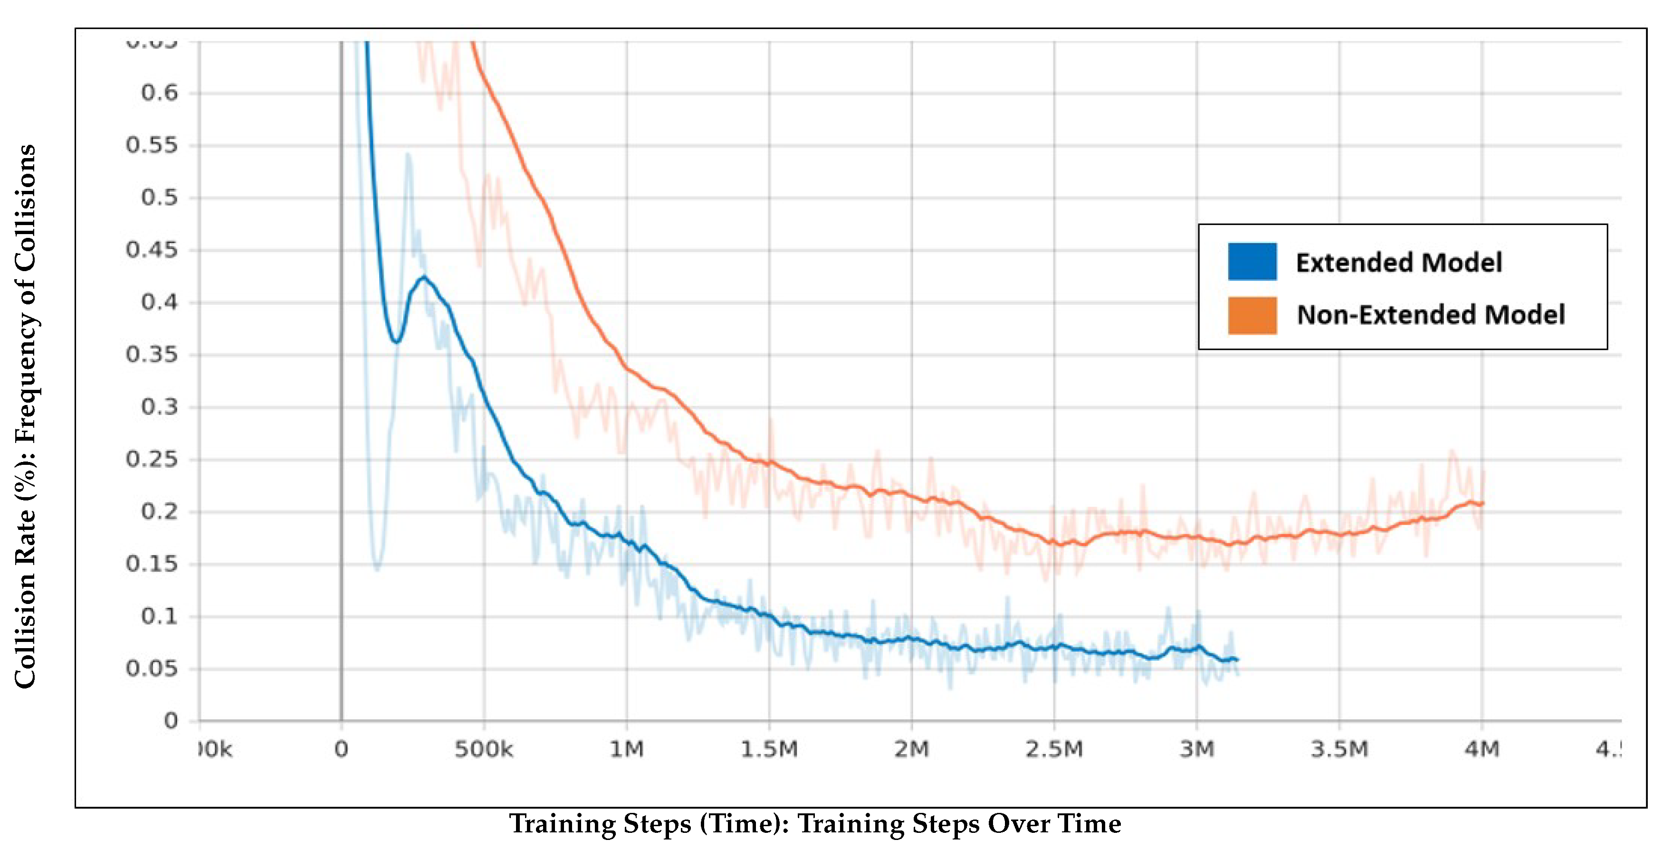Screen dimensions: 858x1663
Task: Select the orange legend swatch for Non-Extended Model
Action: click(1252, 315)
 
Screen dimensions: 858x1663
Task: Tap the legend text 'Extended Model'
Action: click(1398, 263)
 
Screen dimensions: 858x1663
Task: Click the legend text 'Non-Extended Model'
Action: click(1431, 315)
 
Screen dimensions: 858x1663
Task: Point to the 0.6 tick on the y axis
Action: click(159, 93)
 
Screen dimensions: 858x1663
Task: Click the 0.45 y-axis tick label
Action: click(151, 250)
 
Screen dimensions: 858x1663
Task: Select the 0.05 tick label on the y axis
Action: click(151, 669)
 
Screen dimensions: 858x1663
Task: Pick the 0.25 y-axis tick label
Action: click(151, 459)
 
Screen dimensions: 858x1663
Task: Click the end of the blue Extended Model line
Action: click(1236, 660)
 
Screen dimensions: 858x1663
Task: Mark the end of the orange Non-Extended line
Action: click(1483, 503)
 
